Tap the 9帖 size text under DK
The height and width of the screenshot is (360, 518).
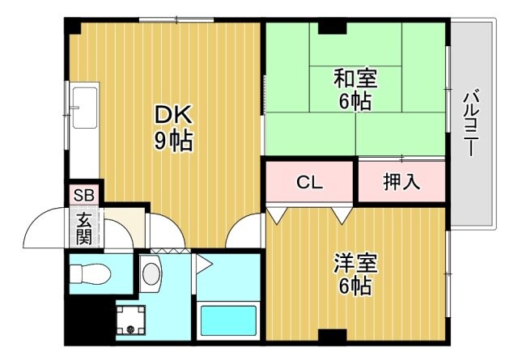(x=174, y=142)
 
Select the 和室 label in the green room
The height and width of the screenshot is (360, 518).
(x=356, y=79)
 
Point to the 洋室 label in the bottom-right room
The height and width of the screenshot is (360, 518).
(x=356, y=264)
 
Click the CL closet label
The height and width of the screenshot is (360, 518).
(x=308, y=182)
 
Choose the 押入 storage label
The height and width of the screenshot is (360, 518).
(x=401, y=182)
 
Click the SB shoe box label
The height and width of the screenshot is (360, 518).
(x=84, y=195)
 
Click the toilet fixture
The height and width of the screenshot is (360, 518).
(x=90, y=273)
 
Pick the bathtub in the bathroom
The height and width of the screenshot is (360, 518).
(x=228, y=321)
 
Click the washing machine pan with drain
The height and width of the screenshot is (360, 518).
(x=129, y=323)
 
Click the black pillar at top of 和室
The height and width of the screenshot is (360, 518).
(x=331, y=28)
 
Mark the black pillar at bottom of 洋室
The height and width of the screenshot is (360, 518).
(x=331, y=336)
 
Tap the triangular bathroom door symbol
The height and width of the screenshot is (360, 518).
(x=202, y=262)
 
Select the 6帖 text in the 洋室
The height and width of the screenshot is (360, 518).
(x=356, y=286)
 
